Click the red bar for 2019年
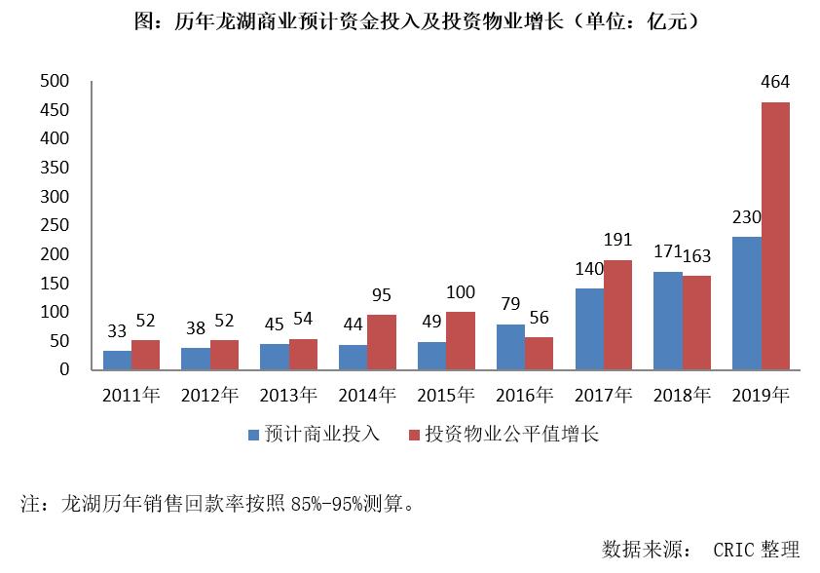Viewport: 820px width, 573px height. pyautogui.click(x=775, y=236)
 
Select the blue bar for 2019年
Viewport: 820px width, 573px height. pyautogui.click(x=747, y=303)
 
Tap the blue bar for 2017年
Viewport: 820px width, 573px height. pyautogui.click(x=589, y=329)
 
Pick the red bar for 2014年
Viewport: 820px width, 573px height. pyautogui.click(x=382, y=342)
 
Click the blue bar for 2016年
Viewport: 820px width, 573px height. pyautogui.click(x=510, y=347)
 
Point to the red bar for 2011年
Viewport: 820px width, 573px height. pyautogui.click(x=146, y=355)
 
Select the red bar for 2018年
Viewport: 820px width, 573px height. pyautogui.click(x=696, y=323)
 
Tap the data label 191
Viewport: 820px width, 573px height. pyautogui.click(x=618, y=240)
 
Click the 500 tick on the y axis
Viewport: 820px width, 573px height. pyautogui.click(x=55, y=81)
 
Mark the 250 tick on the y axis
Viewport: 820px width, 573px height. pyautogui.click(x=55, y=225)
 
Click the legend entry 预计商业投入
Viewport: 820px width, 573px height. pyautogui.click(x=318, y=435)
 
